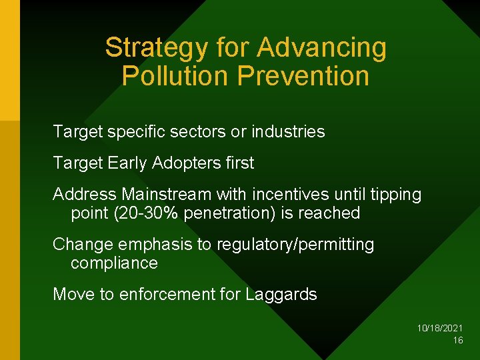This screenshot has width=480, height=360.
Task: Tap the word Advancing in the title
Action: [x=321, y=48]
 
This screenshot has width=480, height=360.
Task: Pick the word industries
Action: [x=288, y=132]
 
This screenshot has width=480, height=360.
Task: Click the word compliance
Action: [x=114, y=263]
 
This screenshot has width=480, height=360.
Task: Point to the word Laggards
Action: [x=281, y=295]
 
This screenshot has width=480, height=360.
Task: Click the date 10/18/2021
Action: [x=440, y=329]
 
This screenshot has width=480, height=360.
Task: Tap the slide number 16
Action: [x=458, y=341]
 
